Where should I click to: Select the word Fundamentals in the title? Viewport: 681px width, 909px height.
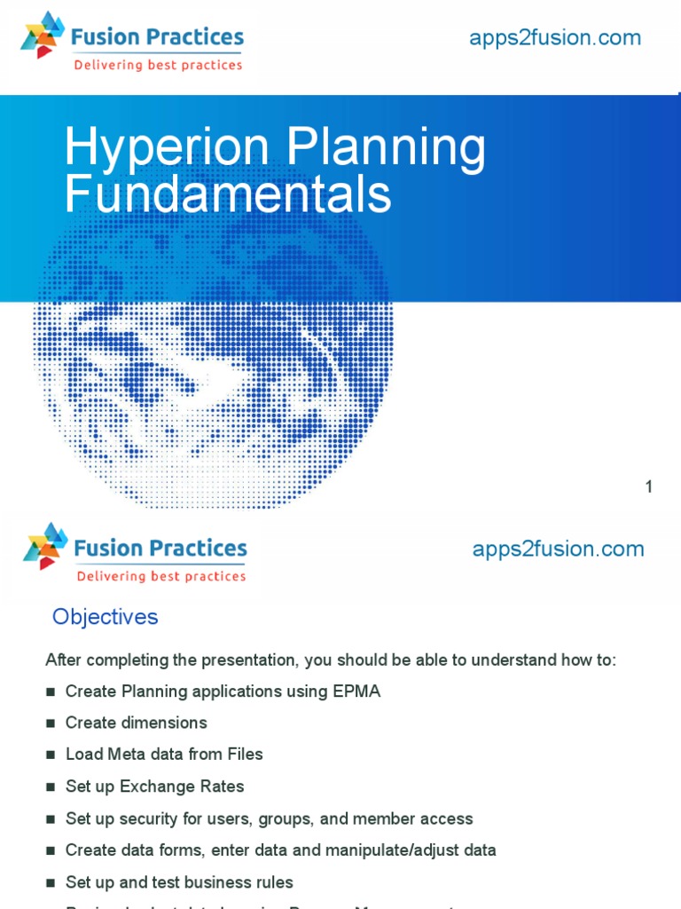point(228,194)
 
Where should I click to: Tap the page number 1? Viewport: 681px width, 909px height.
point(649,486)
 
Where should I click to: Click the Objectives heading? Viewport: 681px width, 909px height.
point(105,617)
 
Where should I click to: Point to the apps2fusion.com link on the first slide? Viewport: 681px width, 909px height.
point(554,37)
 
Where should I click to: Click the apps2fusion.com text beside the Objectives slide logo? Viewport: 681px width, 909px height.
point(558,549)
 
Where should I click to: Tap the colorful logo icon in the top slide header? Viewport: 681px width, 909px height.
point(42,36)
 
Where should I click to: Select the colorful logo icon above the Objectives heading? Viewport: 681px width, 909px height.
point(45,546)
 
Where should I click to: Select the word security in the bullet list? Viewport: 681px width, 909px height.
point(147,818)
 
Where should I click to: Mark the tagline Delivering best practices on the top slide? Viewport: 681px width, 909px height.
point(158,65)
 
